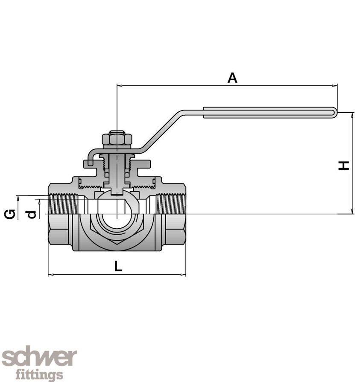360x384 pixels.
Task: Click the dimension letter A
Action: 232,78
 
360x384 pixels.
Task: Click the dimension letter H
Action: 344,166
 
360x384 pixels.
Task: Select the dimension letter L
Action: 118,266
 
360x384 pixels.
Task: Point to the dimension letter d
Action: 31,214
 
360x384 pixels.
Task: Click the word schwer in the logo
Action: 39,358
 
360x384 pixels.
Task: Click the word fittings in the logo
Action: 39,375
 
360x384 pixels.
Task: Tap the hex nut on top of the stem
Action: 117,139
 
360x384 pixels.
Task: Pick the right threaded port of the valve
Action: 171,204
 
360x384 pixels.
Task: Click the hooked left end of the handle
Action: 88,161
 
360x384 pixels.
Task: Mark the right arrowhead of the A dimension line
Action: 335,86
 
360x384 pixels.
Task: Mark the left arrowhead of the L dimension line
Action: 50,275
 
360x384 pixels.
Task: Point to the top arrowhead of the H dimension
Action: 352,115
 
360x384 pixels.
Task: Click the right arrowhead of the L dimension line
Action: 184,275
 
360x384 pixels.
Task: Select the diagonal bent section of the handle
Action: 162,131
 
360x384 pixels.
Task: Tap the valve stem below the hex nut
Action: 117,171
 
